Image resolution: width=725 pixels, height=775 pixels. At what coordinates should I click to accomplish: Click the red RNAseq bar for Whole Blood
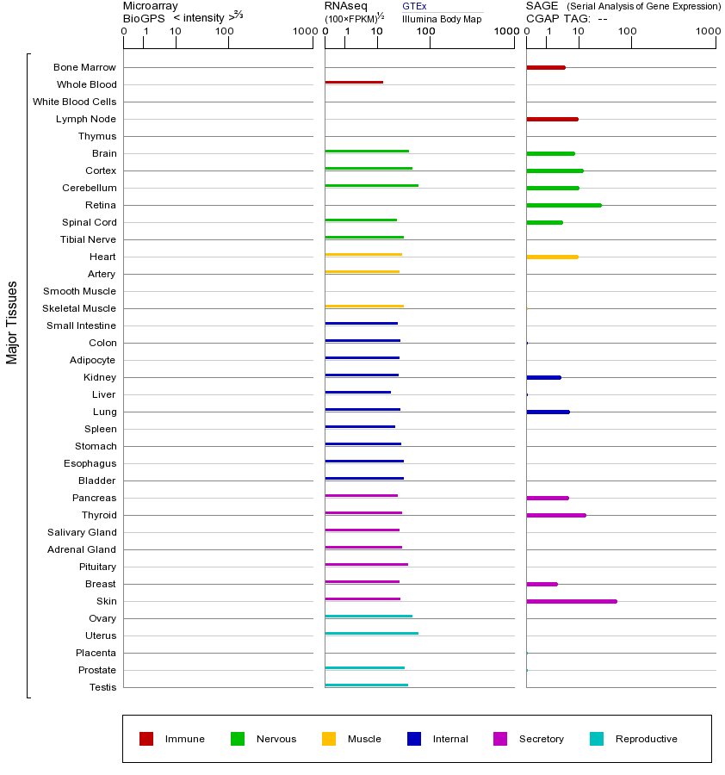(354, 83)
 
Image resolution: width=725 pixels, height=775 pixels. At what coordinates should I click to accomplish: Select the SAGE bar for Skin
(572, 601)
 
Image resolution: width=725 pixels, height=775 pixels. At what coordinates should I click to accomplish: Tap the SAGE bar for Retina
(564, 205)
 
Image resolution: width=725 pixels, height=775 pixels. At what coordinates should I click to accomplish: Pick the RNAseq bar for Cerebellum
(372, 186)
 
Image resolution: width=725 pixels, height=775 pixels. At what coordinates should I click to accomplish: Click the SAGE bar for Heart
(552, 257)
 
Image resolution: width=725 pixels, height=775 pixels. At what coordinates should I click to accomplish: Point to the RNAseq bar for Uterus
(372, 634)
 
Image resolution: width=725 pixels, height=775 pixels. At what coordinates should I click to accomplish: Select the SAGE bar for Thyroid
(556, 515)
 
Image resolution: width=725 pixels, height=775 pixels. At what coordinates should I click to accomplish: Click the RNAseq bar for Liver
(358, 393)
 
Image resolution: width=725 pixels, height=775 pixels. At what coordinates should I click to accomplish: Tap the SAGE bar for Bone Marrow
(546, 67)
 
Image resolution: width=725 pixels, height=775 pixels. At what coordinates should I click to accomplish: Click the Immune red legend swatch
(146, 739)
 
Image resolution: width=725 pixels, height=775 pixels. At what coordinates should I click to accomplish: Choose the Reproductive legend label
(646, 739)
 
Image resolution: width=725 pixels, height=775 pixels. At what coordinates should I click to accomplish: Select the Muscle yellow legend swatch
(329, 739)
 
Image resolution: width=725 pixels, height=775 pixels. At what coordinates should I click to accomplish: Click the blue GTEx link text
(414, 7)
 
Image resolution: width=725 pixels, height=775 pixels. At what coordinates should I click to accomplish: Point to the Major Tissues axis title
(12, 322)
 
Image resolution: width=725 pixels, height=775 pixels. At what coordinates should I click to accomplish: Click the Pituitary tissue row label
(97, 567)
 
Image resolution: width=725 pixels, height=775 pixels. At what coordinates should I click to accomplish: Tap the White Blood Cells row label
(74, 102)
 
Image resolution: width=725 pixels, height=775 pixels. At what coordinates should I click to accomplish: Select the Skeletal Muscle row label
(79, 308)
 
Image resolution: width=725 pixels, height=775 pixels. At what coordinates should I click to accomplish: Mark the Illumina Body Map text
(442, 19)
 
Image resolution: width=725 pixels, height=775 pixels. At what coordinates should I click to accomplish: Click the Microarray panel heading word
(151, 6)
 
